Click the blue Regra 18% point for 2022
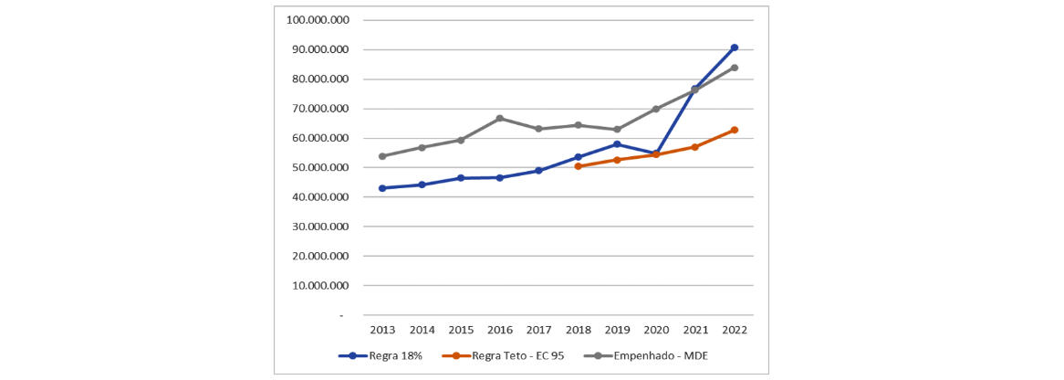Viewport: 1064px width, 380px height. (734, 47)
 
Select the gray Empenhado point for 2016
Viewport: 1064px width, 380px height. (500, 118)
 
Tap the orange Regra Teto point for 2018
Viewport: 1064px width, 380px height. (578, 166)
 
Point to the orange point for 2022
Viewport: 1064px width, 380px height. (734, 130)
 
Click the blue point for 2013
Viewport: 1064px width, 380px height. (382, 188)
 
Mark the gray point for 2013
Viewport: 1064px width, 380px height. (382, 156)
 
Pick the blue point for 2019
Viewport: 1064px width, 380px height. (617, 144)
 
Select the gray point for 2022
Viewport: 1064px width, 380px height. (734, 68)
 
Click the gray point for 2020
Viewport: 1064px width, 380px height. (656, 109)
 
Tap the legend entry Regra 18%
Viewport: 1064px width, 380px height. (384, 355)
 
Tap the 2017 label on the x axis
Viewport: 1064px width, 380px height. (538, 330)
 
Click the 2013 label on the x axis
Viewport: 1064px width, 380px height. (382, 330)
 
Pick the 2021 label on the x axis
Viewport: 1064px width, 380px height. (695, 330)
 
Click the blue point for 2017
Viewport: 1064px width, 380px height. (538, 171)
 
